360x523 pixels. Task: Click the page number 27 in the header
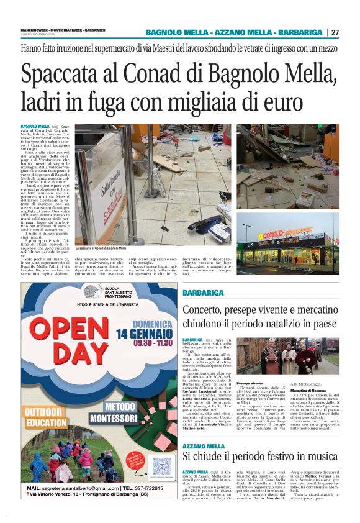pos(335,32)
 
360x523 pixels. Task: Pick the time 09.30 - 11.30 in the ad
pos(146,345)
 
